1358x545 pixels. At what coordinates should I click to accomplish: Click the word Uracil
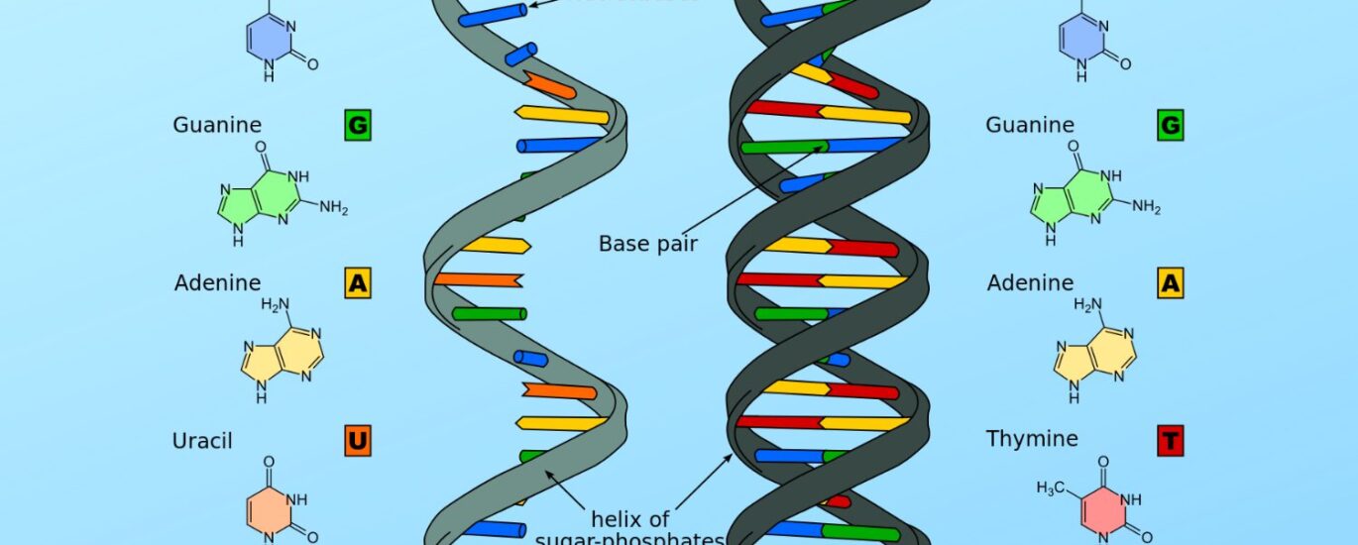tap(202, 440)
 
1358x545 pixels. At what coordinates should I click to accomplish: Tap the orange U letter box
tap(358, 440)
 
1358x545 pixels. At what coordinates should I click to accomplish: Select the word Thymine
tap(1031, 439)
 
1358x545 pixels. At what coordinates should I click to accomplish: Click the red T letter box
tap(1170, 440)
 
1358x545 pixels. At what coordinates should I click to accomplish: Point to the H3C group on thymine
tap(1052, 488)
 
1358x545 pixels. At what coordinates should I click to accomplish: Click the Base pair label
tap(647, 243)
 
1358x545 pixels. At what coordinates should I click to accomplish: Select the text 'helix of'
tap(630, 518)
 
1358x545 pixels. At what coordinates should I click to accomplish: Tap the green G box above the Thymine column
tap(1170, 126)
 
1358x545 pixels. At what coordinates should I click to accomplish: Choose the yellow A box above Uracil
tap(358, 283)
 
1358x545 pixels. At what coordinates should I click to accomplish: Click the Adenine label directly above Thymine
tap(1030, 283)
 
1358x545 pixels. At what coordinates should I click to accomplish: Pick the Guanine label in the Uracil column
tap(217, 125)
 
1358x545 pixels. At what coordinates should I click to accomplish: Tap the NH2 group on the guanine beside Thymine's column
tap(1146, 207)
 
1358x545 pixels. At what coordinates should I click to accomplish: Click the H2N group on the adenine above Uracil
tap(275, 304)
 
